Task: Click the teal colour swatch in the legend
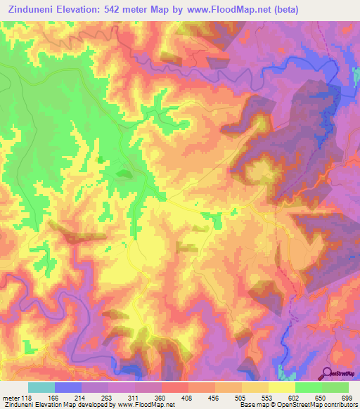click(41, 387)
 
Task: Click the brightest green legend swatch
click(309, 387)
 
